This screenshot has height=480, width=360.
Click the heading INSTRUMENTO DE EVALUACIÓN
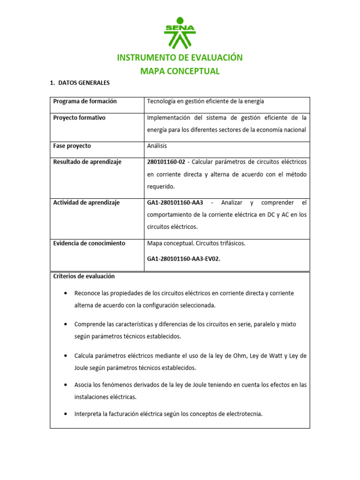(x=180, y=58)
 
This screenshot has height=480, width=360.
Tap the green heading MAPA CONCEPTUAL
(x=180, y=71)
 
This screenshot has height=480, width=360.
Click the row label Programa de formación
(x=85, y=101)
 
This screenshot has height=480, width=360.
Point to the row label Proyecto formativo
(x=79, y=118)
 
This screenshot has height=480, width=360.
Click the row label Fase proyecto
(x=72, y=146)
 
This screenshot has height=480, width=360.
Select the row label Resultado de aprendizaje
(x=87, y=162)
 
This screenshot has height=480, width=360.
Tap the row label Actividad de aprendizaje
(x=86, y=202)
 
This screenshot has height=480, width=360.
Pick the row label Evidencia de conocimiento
(x=89, y=243)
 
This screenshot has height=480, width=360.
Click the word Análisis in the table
(x=157, y=146)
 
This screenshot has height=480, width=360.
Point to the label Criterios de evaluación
(x=84, y=276)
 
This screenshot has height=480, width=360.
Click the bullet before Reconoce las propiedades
(x=64, y=293)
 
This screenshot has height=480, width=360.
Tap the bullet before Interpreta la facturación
(x=64, y=414)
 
